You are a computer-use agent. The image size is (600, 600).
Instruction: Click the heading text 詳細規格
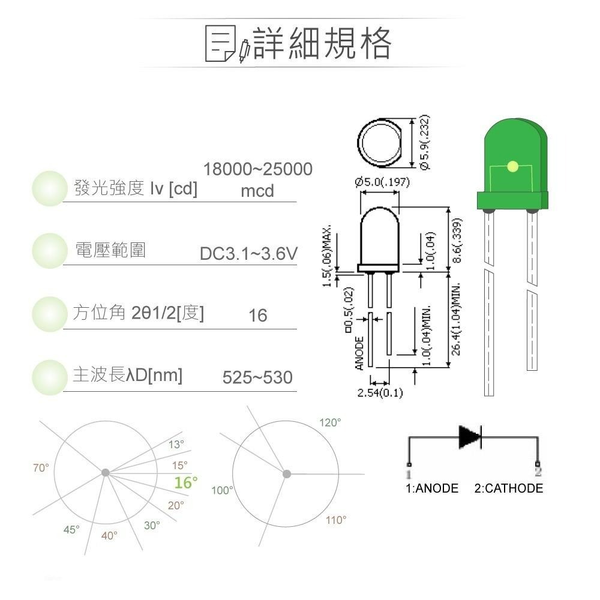coord(323,43)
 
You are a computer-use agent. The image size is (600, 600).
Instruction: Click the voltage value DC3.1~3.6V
coord(248,254)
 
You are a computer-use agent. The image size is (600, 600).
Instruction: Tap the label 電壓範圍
coord(110,250)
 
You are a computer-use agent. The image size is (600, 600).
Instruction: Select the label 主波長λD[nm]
coord(127,376)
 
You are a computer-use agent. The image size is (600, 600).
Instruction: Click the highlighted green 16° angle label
coord(185,482)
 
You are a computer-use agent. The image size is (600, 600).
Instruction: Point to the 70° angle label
coord(41,468)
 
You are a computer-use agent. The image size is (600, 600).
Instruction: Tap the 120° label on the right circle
coord(329,423)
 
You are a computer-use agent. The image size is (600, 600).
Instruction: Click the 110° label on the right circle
coord(336,520)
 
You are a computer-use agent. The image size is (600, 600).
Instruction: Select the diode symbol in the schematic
coord(470,437)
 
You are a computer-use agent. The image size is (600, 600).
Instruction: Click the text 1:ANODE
coord(432,488)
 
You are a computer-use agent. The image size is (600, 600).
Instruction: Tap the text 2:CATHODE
coord(508,488)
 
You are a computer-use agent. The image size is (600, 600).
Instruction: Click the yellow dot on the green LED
coord(512,166)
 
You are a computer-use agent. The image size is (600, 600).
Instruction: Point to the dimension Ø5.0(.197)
coord(382,182)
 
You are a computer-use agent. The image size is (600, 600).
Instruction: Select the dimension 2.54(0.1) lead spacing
coord(380,393)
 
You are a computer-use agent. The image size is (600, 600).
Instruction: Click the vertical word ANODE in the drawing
coord(359,353)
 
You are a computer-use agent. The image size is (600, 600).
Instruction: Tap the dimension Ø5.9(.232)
coord(425,142)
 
